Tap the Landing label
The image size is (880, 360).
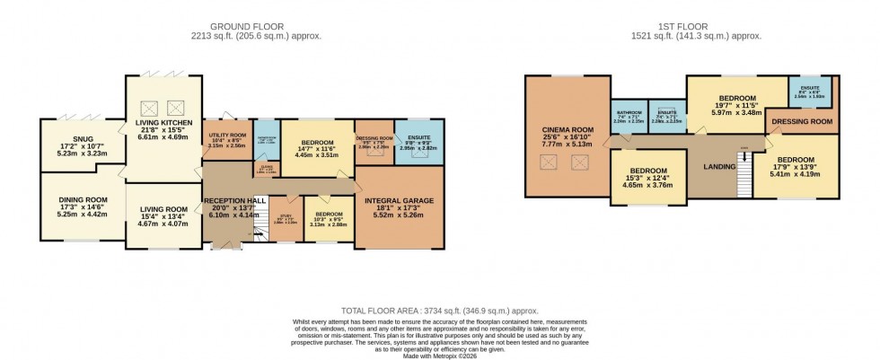tap(721, 166)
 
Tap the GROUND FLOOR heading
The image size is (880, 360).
tap(255, 25)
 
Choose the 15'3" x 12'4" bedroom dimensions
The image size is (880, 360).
tap(647, 181)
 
